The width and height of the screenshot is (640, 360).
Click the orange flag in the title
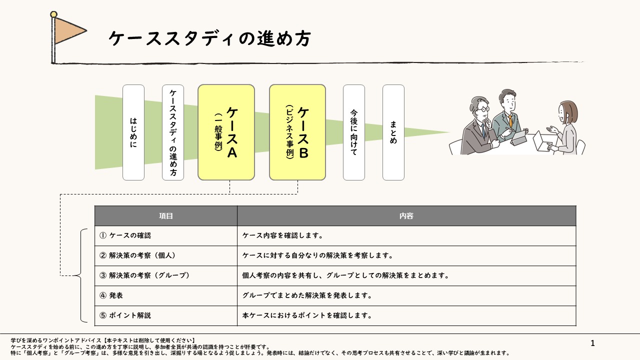click(x=69, y=30)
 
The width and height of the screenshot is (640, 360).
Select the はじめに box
click(x=133, y=132)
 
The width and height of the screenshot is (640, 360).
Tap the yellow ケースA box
click(x=226, y=132)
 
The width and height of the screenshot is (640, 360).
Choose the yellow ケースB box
click(x=297, y=132)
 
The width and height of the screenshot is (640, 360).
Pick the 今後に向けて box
click(x=354, y=132)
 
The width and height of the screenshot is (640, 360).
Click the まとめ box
click(x=393, y=132)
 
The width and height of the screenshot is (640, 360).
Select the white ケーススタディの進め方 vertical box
click(x=173, y=132)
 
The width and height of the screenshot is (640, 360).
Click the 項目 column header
click(x=166, y=216)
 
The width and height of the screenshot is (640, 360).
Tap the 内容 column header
click(x=406, y=216)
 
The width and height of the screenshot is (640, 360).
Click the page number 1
click(x=593, y=343)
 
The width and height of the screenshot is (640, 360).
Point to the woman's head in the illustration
click(x=567, y=111)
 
